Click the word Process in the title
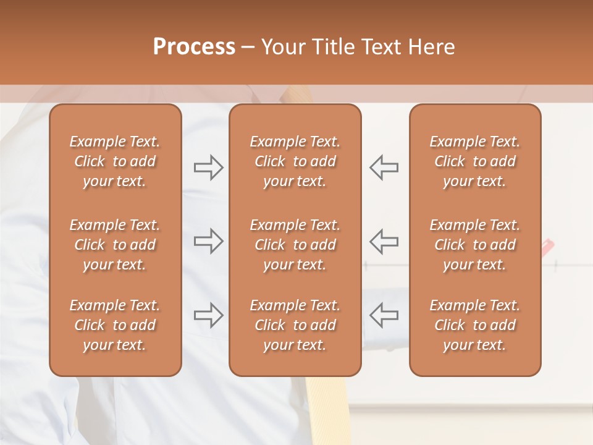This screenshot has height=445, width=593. (x=194, y=47)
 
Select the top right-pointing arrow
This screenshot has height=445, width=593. (x=208, y=167)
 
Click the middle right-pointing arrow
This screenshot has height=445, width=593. (x=208, y=241)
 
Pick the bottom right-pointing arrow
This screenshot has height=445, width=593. (x=208, y=315)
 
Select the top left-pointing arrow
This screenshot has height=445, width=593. (x=384, y=167)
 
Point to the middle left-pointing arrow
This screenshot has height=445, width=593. (x=384, y=241)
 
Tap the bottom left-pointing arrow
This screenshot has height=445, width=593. (x=384, y=315)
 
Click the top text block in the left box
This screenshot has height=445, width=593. (x=115, y=161)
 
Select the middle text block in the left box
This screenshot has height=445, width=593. (x=115, y=245)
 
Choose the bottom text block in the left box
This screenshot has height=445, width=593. (x=115, y=325)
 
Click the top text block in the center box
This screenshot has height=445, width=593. (x=295, y=161)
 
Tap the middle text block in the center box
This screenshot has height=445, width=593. (x=295, y=245)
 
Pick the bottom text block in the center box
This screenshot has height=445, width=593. (x=295, y=325)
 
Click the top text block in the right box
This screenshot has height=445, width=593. (x=474, y=161)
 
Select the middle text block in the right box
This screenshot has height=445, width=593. (x=474, y=245)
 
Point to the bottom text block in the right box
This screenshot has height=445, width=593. (x=474, y=325)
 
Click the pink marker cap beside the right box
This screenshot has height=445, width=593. (x=547, y=248)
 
